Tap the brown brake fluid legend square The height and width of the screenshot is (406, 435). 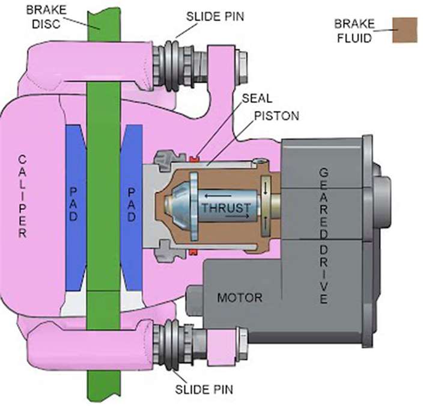click(x=405, y=29)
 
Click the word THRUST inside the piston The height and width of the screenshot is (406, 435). click(x=226, y=208)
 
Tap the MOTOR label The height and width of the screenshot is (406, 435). click(x=240, y=297)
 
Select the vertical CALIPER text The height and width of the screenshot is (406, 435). click(x=22, y=196)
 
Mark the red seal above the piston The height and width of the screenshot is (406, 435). click(x=194, y=158)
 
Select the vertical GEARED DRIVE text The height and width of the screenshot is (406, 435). click(x=324, y=235)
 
